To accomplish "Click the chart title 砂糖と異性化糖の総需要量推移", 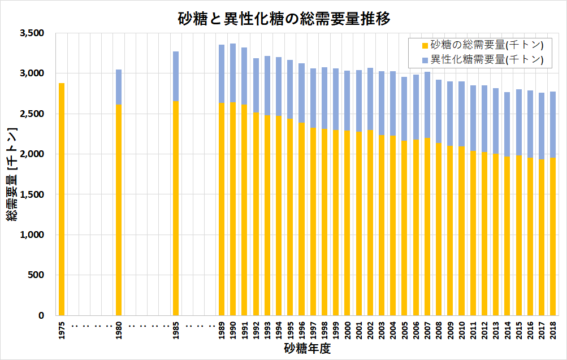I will click(x=284, y=19).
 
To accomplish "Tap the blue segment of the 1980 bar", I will click(x=119, y=87).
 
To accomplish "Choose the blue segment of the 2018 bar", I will click(x=553, y=124).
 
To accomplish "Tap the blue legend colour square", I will click(x=425, y=59).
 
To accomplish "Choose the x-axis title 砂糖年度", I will click(x=307, y=349).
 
